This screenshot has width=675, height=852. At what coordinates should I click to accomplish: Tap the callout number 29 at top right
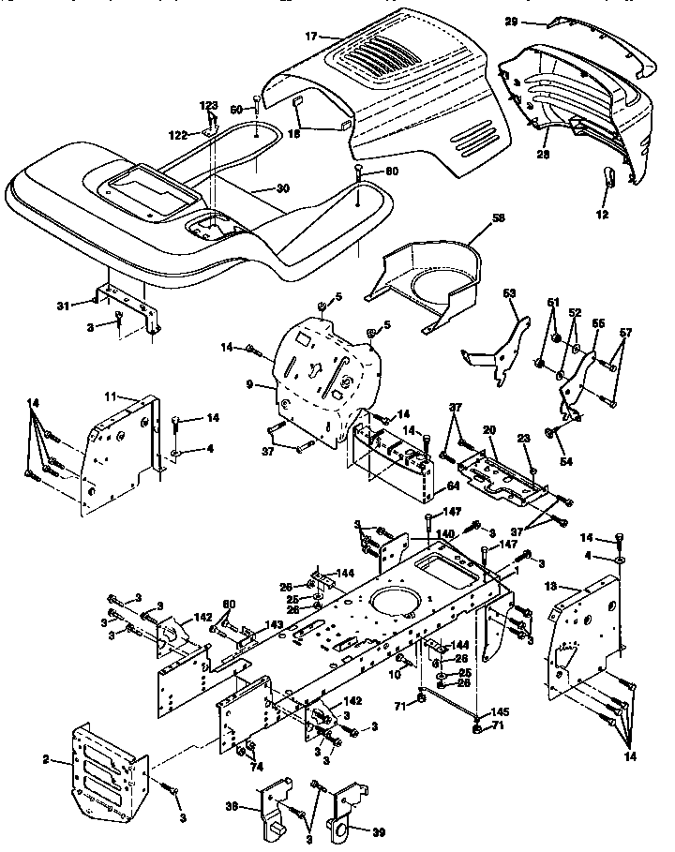click(537, 22)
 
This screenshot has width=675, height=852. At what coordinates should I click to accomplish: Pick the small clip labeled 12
click(607, 175)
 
